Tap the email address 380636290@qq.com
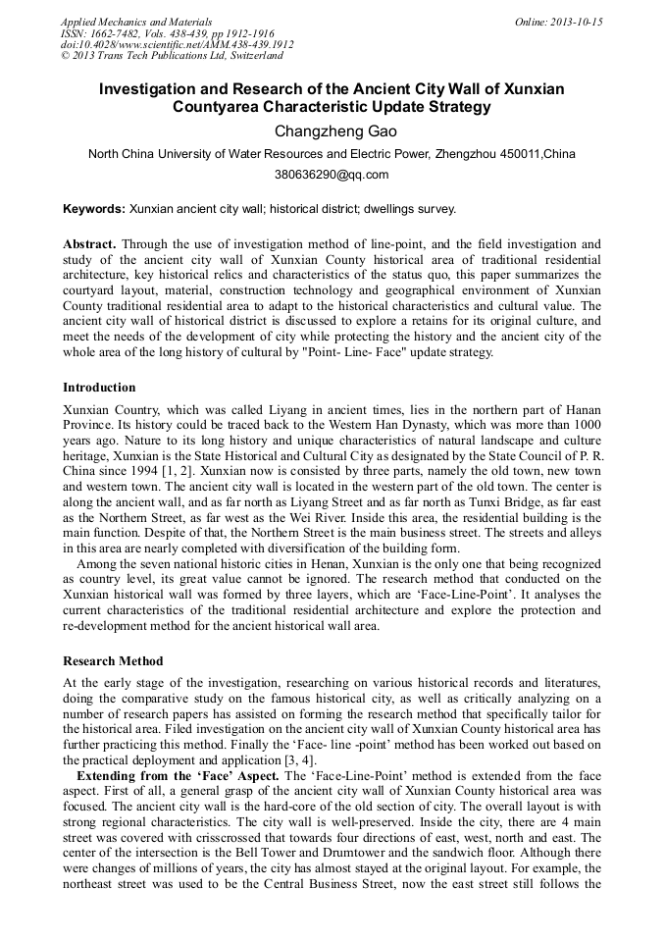(x=332, y=176)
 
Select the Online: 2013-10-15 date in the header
(x=557, y=22)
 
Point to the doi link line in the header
(x=177, y=45)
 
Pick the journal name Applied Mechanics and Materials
(x=135, y=22)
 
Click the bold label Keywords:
(x=94, y=209)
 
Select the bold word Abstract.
(x=90, y=242)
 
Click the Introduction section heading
(x=99, y=388)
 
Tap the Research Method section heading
(x=113, y=660)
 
